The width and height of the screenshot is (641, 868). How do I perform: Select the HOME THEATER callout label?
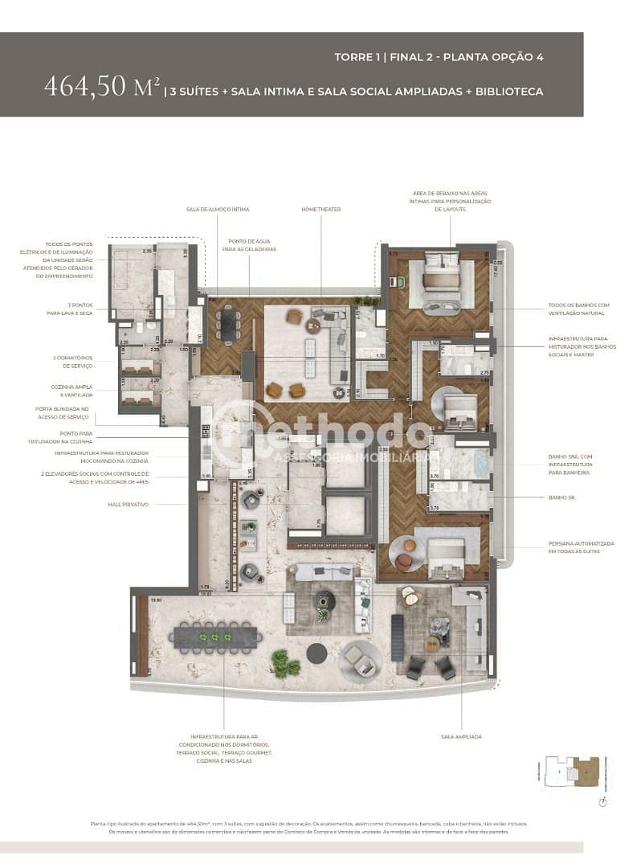[321, 209]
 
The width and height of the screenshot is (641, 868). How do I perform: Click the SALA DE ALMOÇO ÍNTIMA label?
[218, 209]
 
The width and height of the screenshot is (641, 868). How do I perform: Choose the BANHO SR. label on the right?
[559, 497]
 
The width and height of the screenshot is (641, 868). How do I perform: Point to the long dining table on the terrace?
[213, 637]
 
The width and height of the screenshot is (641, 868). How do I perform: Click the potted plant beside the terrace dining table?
[284, 663]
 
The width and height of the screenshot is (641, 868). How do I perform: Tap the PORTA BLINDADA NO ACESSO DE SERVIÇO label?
[67, 412]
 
